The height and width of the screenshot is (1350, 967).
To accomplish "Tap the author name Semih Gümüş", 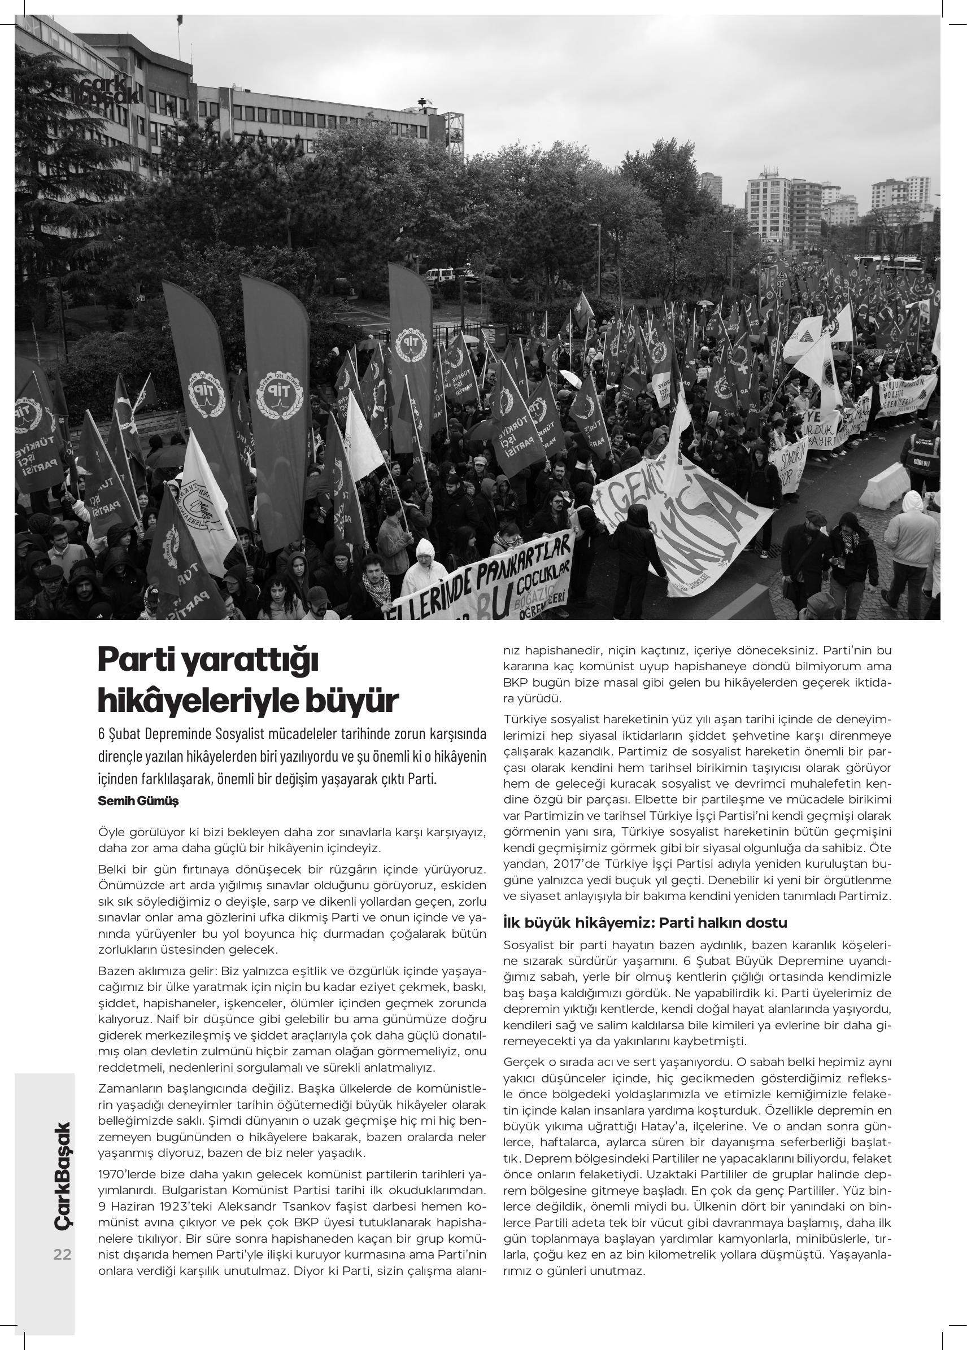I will pyautogui.click(x=138, y=801).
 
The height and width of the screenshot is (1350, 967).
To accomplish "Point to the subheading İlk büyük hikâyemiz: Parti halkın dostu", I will pyautogui.click(x=645, y=923).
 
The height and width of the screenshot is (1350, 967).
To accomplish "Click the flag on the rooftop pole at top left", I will pyautogui.click(x=179, y=20).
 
